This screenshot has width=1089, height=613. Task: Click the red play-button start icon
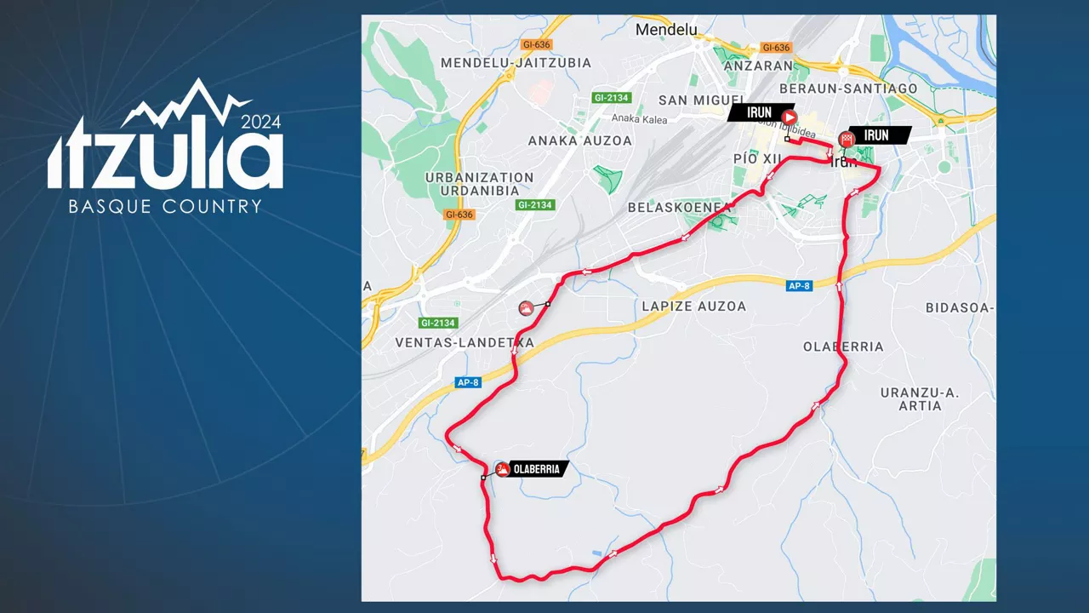coord(789,117)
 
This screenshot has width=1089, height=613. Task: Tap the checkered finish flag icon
coord(847,139)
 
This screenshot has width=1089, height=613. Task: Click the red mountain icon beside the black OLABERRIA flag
coord(503,469)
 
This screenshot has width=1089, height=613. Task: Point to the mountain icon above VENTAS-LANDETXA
coord(527,309)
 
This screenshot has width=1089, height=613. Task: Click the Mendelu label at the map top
coord(666,30)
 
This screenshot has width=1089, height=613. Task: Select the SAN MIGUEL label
coord(697,100)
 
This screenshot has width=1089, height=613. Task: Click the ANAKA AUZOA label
coord(579,140)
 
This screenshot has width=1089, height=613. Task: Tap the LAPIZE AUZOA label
coord(693,306)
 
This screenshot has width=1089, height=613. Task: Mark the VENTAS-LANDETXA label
coord(465,342)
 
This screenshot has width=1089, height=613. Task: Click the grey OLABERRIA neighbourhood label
coord(843,347)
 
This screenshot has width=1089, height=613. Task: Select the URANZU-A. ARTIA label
coord(920,399)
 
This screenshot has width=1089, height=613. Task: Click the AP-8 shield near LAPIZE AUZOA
coord(799,286)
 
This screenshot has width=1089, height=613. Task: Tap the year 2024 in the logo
coord(260,122)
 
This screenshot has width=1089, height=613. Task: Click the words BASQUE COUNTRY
coord(165,207)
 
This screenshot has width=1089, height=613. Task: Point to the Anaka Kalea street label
coord(639,119)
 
